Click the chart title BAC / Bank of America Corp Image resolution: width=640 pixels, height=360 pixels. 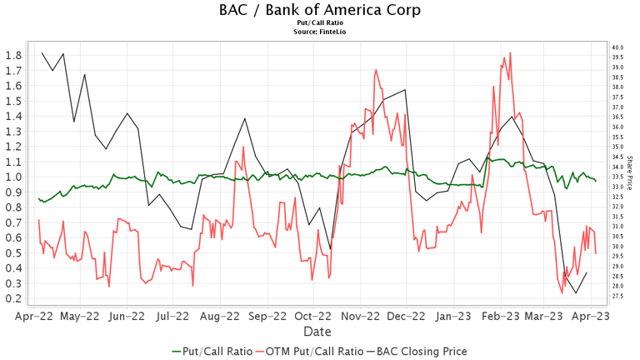point(319,10)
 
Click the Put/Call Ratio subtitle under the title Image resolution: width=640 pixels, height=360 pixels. point(319,23)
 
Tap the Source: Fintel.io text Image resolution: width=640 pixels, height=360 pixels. point(319,32)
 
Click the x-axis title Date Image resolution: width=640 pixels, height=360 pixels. point(319,332)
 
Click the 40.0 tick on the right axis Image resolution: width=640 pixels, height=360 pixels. point(617,47)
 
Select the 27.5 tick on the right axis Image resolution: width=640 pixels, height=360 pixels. point(617,296)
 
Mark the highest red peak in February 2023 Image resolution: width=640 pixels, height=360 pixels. point(509,53)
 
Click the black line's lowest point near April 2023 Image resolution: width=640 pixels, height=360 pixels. point(576,292)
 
